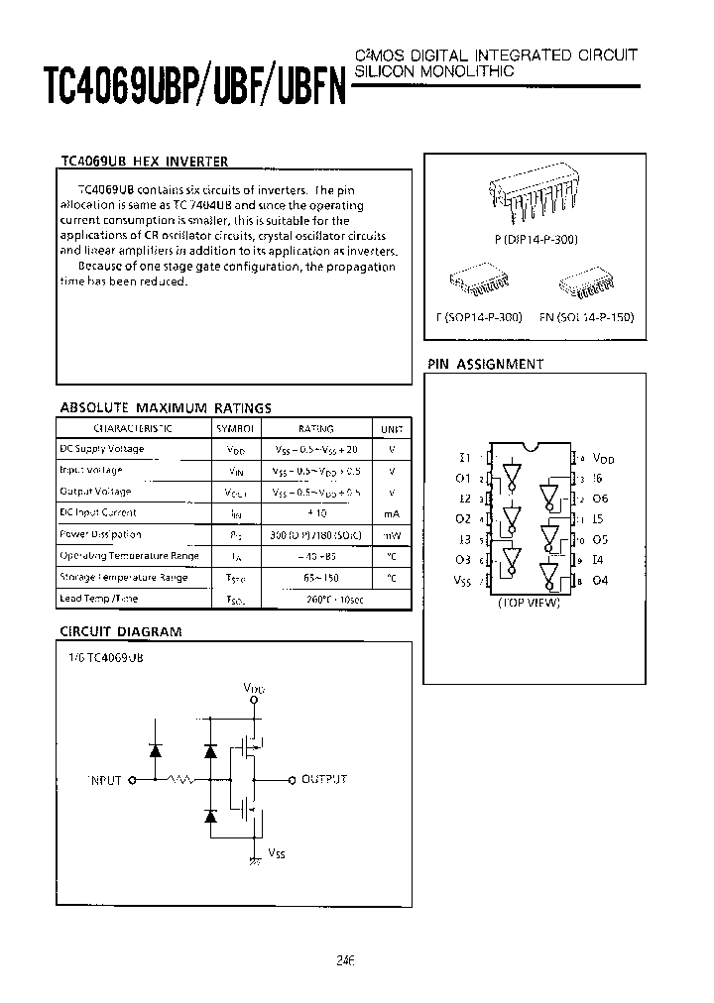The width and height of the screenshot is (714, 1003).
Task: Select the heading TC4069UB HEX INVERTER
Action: pos(145,162)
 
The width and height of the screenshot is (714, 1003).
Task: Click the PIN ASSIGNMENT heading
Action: pos(485,365)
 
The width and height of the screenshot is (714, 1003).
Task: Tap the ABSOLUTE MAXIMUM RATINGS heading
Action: pos(166,407)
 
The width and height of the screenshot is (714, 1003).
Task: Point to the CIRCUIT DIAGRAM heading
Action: pos(121,631)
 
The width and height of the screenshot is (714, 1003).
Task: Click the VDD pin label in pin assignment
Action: pos(603,459)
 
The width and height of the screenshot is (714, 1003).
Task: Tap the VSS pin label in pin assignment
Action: pos(462,581)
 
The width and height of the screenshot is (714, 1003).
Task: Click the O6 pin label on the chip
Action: pos(600,500)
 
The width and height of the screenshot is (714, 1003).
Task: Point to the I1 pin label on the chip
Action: pos(464,458)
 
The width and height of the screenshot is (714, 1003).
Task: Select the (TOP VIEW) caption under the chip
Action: pos(529,603)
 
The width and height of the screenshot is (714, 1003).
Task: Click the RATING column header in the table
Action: pos(317,429)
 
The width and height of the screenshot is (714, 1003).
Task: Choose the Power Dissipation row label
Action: pos(101,534)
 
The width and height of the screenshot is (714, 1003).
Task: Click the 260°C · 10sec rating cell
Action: pos(318,600)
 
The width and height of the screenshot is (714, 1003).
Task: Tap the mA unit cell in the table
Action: pos(392,513)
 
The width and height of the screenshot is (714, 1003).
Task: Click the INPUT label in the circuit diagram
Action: pos(104,780)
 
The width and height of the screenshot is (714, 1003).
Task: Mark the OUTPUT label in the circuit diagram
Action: pos(324,780)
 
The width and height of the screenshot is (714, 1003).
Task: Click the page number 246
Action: pos(345,960)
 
